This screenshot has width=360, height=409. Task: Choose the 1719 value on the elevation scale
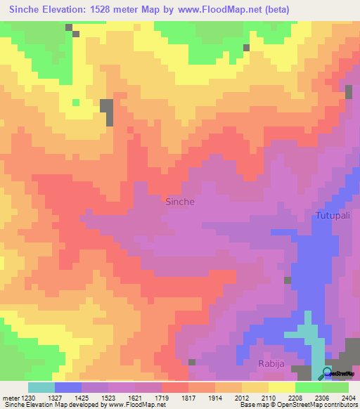click(196, 398)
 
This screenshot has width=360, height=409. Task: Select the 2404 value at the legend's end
click(347, 398)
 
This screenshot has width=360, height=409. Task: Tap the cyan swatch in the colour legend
click(41, 387)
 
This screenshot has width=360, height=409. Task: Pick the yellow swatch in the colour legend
click(282, 387)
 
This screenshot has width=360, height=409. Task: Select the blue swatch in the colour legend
click(68, 387)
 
